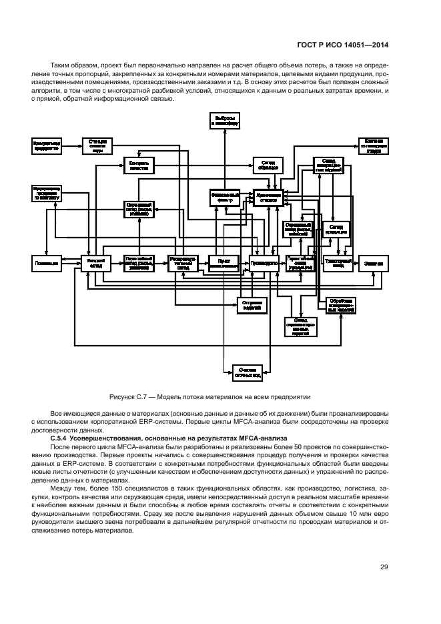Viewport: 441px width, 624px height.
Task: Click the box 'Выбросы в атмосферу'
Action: (x=225, y=120)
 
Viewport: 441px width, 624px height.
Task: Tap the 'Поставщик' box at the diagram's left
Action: (x=47, y=264)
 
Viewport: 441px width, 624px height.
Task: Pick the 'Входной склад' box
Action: (x=94, y=264)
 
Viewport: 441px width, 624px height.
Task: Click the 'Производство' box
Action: (x=264, y=264)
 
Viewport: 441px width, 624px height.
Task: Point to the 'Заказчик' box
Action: (x=374, y=264)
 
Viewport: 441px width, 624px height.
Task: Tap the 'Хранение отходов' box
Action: (x=270, y=198)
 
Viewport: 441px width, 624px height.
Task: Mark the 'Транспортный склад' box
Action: (x=337, y=264)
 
